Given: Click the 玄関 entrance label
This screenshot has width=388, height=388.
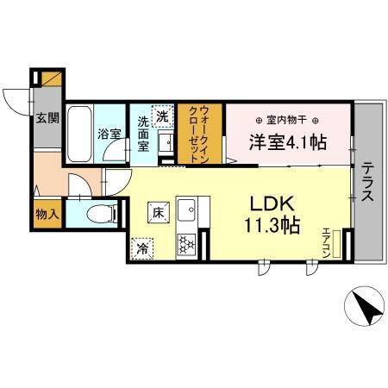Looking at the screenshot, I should coord(47,120).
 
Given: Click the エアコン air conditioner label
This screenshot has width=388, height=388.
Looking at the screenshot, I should coord(328,241).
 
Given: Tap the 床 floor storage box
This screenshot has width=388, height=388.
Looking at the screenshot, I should coord(159,212).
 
